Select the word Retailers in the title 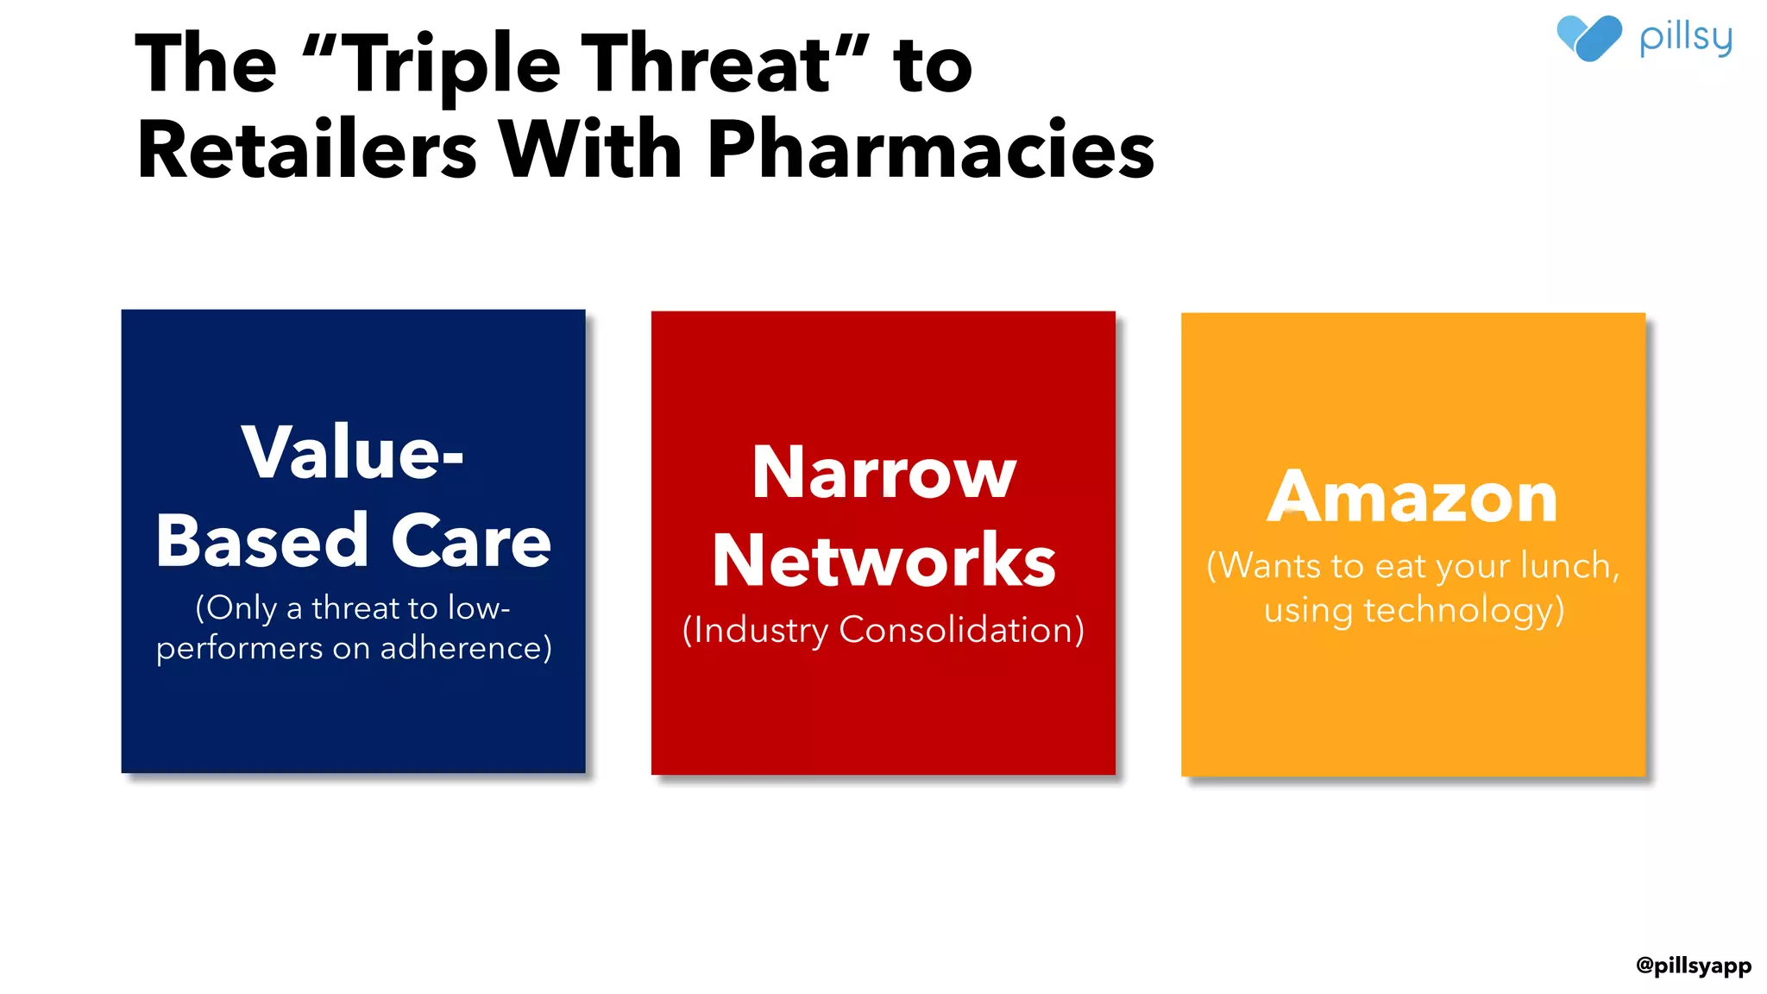[307, 150]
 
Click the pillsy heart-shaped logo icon [1588, 38]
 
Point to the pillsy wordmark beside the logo [1685, 39]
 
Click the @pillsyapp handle [1693, 965]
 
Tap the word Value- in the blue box [353, 452]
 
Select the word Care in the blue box [471, 542]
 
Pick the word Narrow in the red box [883, 473]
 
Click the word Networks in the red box [883, 561]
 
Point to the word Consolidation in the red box [961, 630]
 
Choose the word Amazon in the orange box [1412, 498]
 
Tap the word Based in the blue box [262, 542]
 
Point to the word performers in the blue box [239, 649]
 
